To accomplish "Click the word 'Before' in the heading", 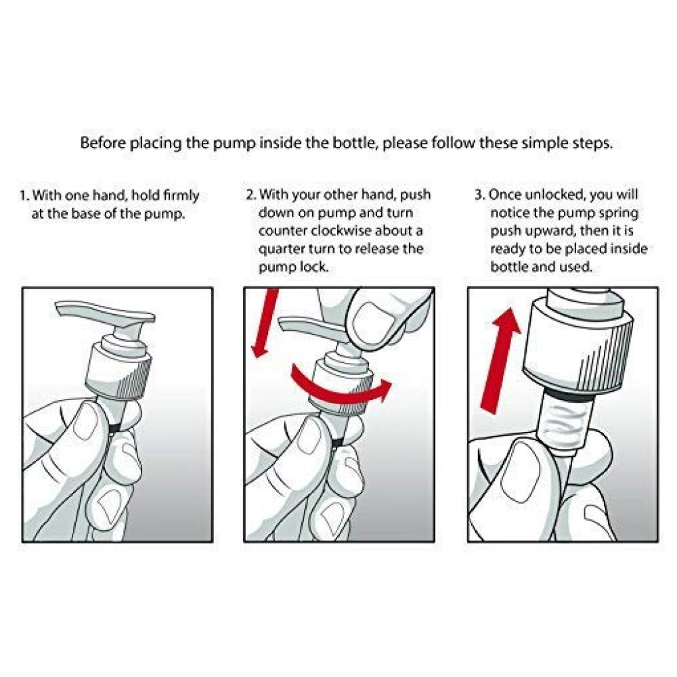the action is click(103, 142).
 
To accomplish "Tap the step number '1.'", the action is click(24, 196).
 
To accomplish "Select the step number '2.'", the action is click(251, 195).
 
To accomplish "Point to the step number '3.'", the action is click(480, 195).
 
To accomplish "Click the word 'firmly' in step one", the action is click(181, 196).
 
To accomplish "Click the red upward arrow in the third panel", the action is click(501, 361).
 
